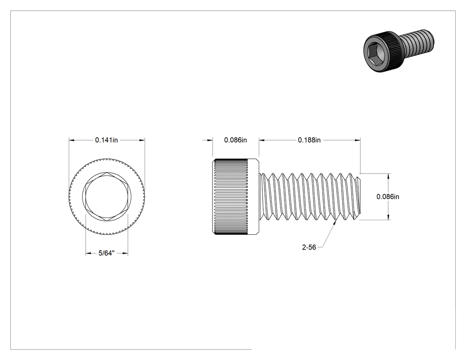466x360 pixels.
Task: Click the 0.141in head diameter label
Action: pyautogui.click(x=107, y=140)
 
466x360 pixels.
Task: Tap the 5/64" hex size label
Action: pyautogui.click(x=107, y=253)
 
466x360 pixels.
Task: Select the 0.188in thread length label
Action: pyautogui.click(x=309, y=140)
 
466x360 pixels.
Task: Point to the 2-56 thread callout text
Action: pyautogui.click(x=309, y=247)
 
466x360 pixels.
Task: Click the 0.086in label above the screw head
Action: pyautogui.click(x=235, y=140)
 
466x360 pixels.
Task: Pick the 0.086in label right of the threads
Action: pyautogui.click(x=388, y=197)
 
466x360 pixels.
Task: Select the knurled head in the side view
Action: pyautogui.click(x=236, y=197)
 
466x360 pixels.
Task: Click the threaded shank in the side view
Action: pyautogui.click(x=310, y=197)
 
